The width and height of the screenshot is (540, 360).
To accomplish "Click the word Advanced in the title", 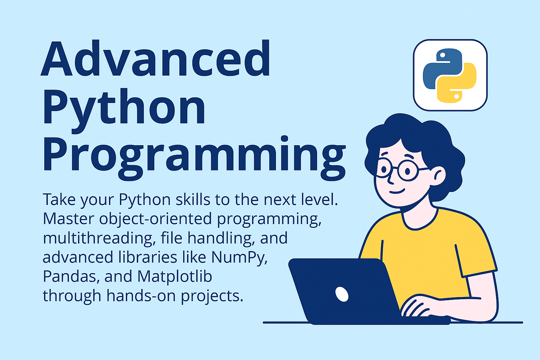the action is [x=155, y=58].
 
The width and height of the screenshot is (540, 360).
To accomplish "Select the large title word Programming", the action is [x=194, y=158].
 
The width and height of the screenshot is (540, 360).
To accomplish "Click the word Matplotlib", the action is [x=175, y=276].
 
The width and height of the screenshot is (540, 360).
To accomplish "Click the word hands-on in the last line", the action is [x=141, y=296].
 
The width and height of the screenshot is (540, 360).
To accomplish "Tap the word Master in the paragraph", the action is [x=69, y=219].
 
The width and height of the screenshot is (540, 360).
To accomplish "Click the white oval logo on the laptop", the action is [x=342, y=294].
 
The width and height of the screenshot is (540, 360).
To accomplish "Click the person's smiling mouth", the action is [x=397, y=192].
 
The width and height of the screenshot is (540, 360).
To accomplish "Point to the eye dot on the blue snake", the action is [x=443, y=55].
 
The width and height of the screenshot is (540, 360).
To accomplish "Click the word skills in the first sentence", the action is [x=193, y=200].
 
